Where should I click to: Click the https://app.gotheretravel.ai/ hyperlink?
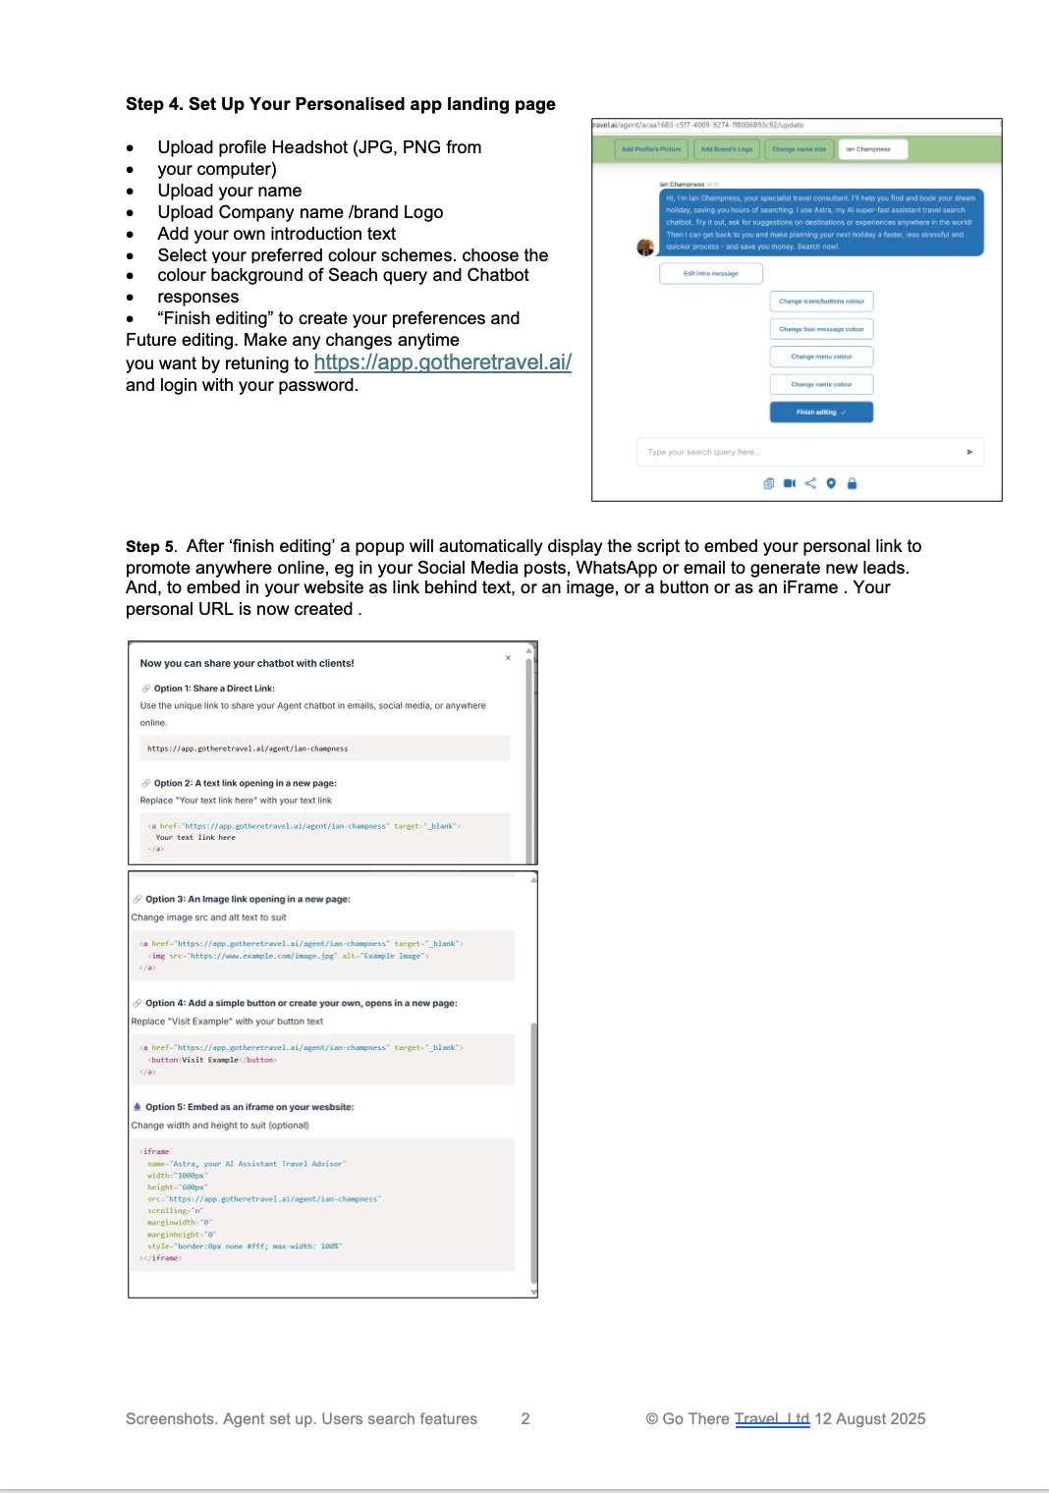442,362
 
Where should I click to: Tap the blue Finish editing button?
821,413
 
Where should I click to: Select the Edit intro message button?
711,273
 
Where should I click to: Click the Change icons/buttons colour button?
821,302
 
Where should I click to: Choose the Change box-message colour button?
821,329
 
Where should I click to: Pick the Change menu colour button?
821,357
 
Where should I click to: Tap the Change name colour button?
821,384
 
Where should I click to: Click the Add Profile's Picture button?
651,149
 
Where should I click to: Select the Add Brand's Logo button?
727,149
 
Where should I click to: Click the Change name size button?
799,149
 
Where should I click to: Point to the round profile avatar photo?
645,248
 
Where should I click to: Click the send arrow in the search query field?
969,452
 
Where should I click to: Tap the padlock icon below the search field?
852,483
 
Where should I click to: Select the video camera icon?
790,483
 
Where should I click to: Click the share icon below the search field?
810,483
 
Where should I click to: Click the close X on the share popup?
508,658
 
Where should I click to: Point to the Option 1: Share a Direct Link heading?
214,689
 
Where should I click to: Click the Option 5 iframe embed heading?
249,1107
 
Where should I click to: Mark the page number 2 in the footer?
525,1418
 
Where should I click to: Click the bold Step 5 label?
149,546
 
